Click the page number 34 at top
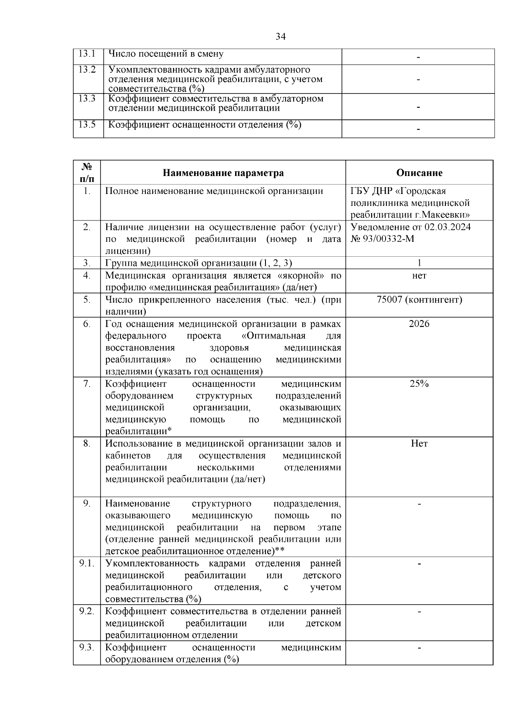(x=280, y=37)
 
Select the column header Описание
(x=419, y=173)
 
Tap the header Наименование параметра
(x=223, y=173)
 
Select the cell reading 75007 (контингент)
(x=419, y=299)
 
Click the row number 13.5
(x=87, y=125)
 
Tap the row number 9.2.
(x=87, y=611)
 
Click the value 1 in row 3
(x=419, y=263)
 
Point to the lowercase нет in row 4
(x=419, y=276)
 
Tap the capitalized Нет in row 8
(x=419, y=443)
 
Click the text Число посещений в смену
(x=165, y=54)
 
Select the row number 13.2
(x=87, y=69)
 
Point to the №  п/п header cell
(x=87, y=173)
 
